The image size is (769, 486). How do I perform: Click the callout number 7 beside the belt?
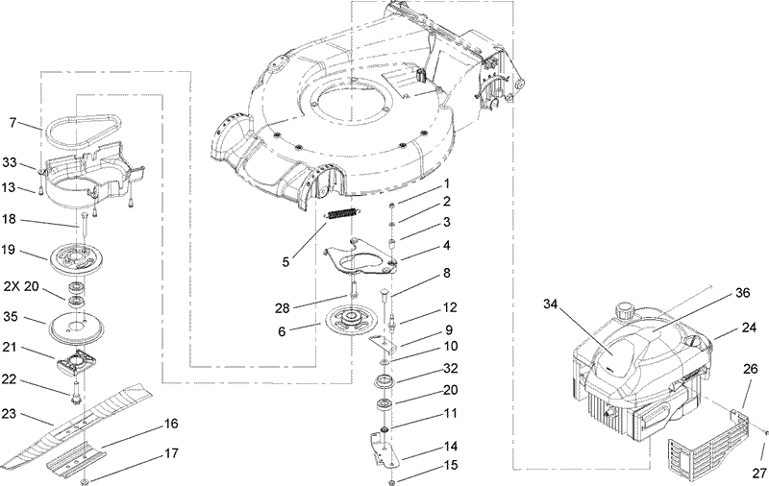(x=13, y=123)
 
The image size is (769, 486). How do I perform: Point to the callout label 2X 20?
(x=22, y=287)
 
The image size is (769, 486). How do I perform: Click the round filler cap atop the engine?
(x=628, y=312)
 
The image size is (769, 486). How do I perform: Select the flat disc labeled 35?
(x=80, y=327)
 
